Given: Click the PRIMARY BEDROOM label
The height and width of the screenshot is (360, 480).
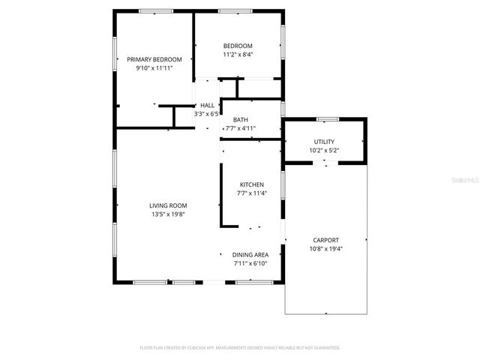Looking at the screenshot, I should click(x=154, y=59).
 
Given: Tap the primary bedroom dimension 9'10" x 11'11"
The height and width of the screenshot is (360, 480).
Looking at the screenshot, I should click(x=154, y=68).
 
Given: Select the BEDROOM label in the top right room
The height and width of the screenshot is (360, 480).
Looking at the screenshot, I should click(x=238, y=46).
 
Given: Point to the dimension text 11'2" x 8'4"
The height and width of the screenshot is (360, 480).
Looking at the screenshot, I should click(x=238, y=55).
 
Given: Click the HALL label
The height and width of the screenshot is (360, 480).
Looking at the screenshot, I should click(x=207, y=106).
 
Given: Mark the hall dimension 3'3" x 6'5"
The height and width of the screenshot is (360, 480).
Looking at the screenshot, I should click(x=207, y=115).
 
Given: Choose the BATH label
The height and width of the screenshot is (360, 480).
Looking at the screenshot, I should click(x=241, y=120).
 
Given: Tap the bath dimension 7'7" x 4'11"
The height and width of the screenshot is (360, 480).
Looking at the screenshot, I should click(x=241, y=129).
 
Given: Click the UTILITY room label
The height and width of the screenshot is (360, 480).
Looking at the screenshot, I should click(x=324, y=142).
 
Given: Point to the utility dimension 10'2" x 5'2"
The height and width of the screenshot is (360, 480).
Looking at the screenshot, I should click(x=324, y=151).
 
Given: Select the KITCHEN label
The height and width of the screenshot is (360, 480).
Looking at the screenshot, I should click(x=251, y=184).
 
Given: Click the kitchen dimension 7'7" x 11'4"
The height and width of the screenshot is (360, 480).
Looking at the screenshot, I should click(x=251, y=193).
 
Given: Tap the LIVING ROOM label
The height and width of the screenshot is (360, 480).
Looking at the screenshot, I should click(x=168, y=205).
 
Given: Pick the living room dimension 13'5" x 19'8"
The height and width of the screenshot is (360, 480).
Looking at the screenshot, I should click(x=168, y=214).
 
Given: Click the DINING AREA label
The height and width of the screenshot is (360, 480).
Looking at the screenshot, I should click(x=250, y=255).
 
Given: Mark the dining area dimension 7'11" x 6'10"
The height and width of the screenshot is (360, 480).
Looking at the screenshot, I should click(x=250, y=264).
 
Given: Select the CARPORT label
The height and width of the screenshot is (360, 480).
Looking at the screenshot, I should click(x=325, y=240).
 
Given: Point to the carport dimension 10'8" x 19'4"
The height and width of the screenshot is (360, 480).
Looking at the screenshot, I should click(x=325, y=249).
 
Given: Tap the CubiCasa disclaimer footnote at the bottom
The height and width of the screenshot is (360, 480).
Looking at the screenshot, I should click(x=240, y=348).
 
